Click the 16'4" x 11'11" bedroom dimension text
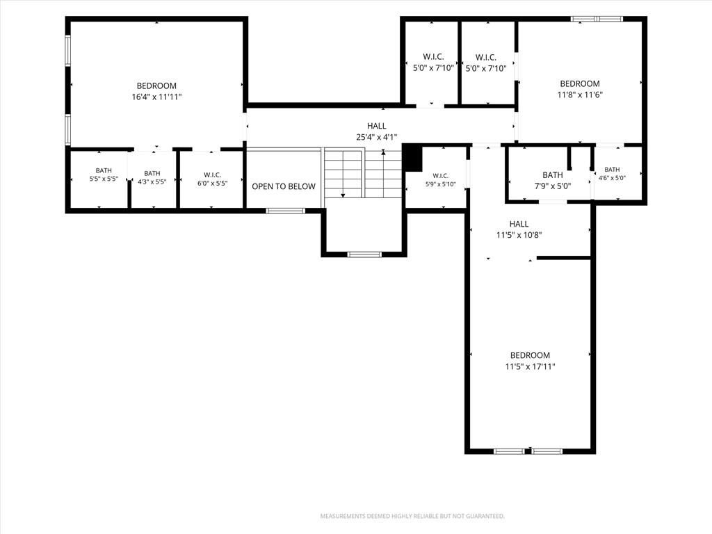coord(156,97)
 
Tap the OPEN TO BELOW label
coord(284,186)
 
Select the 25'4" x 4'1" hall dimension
coord(376,137)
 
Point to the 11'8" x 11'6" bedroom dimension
coord(580,95)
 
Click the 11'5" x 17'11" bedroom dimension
coord(530,366)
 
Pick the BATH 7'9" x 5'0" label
coord(553,180)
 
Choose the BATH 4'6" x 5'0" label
coord(612,173)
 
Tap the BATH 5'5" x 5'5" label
coord(104,175)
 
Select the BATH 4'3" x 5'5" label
coord(152,177)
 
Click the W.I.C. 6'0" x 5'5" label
coord(212,179)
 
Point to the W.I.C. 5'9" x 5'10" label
coord(440,180)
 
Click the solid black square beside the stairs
coord(413,158)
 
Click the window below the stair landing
coord(364,254)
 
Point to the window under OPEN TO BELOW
coord(285,211)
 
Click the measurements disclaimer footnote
coord(412,516)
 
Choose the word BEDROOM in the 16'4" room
coord(156,86)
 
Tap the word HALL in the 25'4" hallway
coord(377,126)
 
